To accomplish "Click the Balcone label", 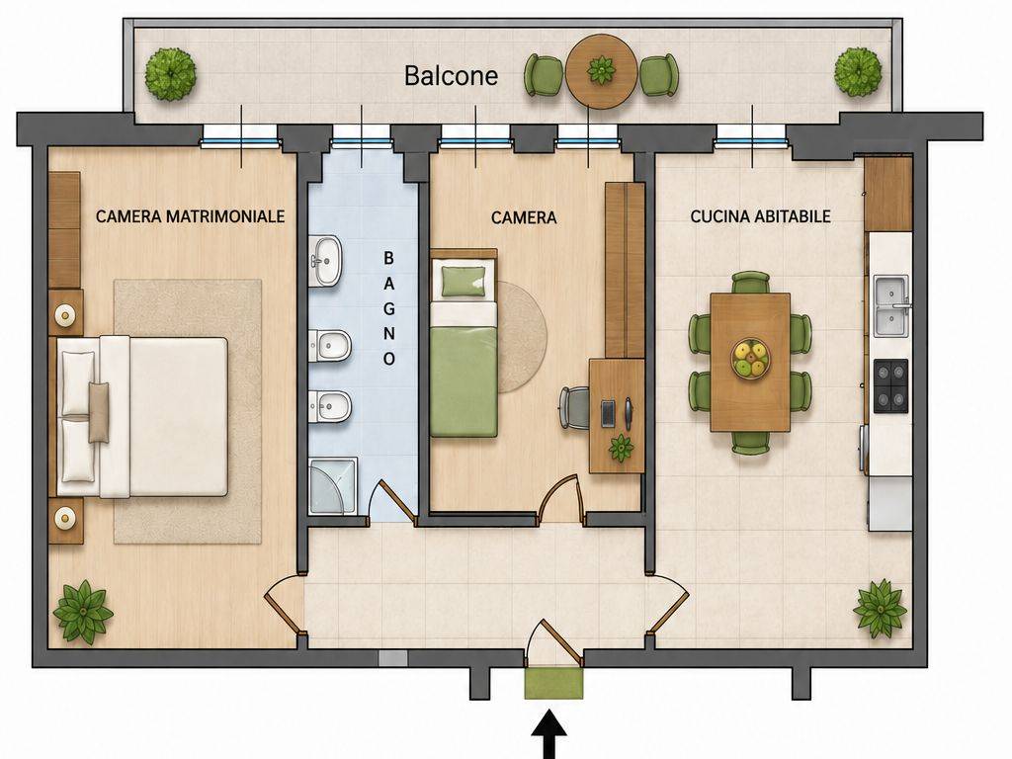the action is coord(451,75).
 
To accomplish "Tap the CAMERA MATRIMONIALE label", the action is coord(191,216).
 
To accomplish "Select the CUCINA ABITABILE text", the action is coord(760,216).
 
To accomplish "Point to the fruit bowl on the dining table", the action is coord(750,359).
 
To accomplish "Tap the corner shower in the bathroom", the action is coord(333,486).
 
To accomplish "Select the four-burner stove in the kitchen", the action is coord(890,386).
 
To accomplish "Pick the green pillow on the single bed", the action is coord(464,281).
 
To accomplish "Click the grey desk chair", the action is coord(574,407).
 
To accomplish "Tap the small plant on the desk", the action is coord(621,448).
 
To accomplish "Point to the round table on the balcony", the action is coord(602,71).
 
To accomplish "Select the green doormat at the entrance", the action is coord(553,684).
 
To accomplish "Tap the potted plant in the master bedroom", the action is coord(83,612).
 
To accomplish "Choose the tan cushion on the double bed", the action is coord(99,412).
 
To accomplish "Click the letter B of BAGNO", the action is coord(388,258).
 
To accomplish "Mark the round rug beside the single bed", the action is coord(522,337).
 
